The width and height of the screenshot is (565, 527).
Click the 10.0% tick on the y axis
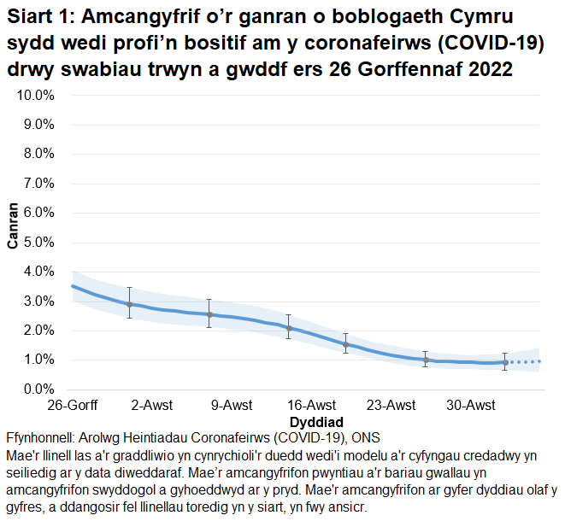37,95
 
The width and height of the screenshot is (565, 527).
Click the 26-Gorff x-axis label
72,405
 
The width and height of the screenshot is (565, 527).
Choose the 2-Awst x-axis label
152,405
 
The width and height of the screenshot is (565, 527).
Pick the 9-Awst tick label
232,405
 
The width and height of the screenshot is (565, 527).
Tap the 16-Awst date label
311,405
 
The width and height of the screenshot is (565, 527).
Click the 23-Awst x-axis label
391,405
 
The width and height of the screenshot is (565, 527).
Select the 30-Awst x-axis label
471,405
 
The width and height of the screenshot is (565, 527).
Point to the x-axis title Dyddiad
316,422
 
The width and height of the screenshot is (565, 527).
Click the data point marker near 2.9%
130,304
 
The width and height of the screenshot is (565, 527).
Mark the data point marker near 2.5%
209,314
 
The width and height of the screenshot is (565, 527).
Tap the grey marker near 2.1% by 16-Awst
289,328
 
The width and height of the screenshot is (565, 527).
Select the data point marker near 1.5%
345,344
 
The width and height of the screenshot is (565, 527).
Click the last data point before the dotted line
505,362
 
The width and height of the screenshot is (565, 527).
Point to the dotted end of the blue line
526,362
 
